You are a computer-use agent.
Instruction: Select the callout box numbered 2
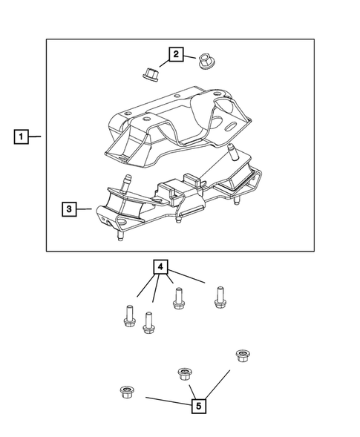[176, 53]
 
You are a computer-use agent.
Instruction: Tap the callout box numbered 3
[68, 210]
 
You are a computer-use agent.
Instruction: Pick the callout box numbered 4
[161, 266]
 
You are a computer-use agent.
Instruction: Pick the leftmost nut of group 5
[125, 391]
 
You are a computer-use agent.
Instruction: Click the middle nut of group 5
[181, 373]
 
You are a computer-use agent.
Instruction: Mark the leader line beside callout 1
[37, 137]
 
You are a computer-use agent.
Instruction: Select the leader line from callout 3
[85, 210]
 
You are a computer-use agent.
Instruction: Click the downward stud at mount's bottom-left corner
[119, 238]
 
